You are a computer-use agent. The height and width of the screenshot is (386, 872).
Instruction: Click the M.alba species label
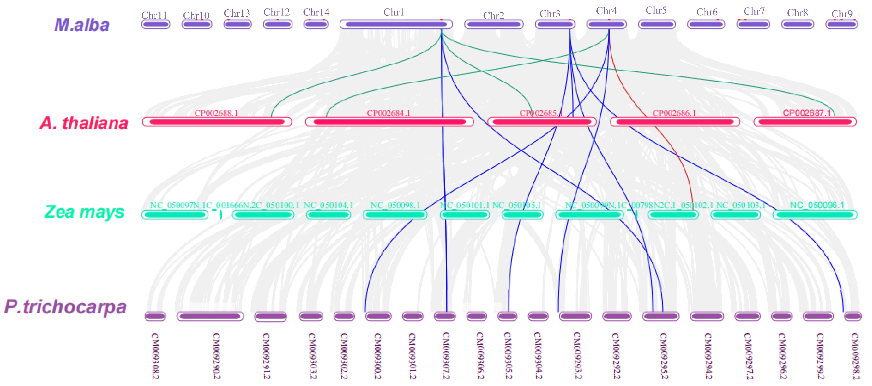point(82,25)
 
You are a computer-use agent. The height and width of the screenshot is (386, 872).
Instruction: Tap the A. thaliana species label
point(84,123)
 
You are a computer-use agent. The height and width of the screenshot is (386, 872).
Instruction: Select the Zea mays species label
point(84,212)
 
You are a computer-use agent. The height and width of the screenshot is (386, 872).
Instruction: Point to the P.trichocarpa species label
point(65,307)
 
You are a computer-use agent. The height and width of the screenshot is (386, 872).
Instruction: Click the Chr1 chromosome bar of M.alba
point(396,24)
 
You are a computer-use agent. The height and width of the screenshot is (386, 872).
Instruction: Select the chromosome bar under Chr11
point(156,24)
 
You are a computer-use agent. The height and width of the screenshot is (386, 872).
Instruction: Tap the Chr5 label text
point(656,11)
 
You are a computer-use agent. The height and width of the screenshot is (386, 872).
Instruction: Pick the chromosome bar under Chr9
point(842,24)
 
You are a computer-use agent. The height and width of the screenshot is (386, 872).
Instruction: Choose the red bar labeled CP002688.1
point(217,121)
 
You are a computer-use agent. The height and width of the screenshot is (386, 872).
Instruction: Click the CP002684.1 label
point(388,113)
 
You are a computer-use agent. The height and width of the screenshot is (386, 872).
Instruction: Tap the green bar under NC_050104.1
point(328,215)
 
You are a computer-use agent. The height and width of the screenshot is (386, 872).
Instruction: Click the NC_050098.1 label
point(395,205)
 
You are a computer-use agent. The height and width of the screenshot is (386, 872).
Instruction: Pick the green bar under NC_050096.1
point(815,215)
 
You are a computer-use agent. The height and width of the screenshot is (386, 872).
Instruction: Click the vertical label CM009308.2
point(155,356)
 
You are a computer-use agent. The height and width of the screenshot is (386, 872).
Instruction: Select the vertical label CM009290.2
point(217,356)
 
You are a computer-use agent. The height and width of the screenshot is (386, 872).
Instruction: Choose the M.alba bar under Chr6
point(706,24)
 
